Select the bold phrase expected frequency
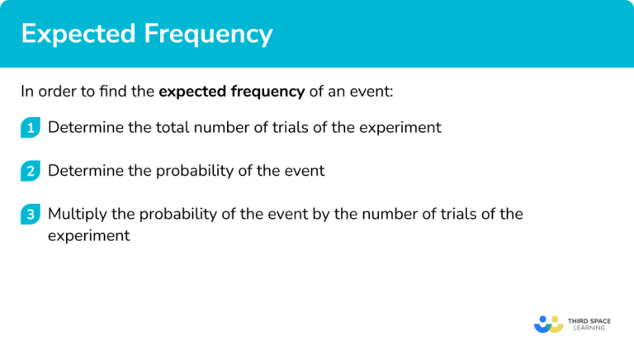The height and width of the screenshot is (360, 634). [x=232, y=92]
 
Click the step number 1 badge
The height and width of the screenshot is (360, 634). [x=31, y=128]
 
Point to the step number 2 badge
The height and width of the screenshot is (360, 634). [x=31, y=172]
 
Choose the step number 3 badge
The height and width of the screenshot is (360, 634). [x=31, y=215]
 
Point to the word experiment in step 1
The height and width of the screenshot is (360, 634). [x=403, y=128]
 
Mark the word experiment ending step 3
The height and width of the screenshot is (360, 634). [x=88, y=235]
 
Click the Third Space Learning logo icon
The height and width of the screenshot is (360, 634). [x=548, y=323]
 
